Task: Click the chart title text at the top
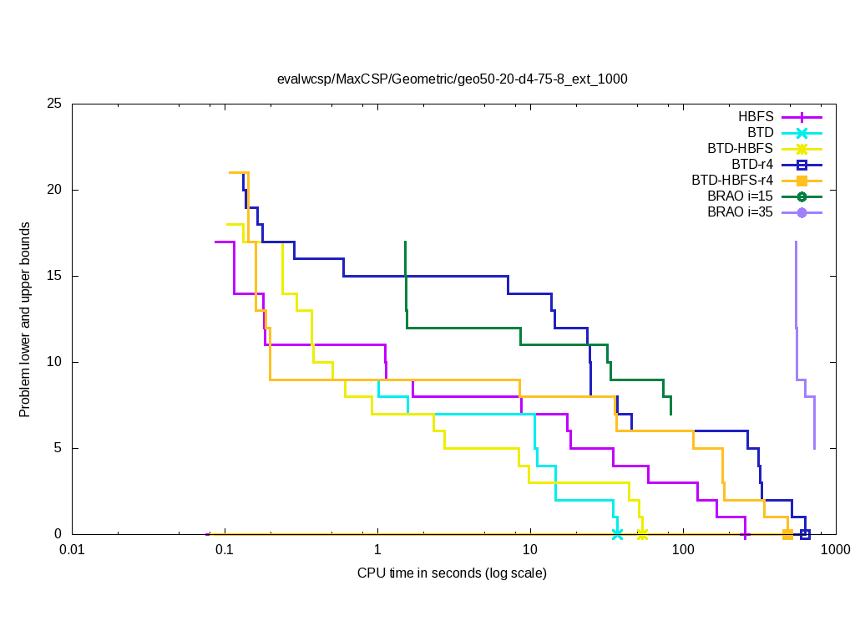pos(452,79)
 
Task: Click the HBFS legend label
pos(756,117)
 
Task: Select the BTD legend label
pos(760,133)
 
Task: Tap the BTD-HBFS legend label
pos(740,149)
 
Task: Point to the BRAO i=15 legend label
pos(740,196)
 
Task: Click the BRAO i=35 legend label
pos(740,212)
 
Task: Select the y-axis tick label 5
pos(59,448)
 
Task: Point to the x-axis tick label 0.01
pos(72,550)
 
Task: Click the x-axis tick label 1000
pos(835,550)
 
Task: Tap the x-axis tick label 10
pos(529,550)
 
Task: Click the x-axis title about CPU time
pos(452,573)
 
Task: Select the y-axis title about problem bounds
pos(25,320)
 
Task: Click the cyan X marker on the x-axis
pos(617,534)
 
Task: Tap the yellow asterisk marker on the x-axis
pos(642,534)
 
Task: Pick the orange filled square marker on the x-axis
pos(787,534)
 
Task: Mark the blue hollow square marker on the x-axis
pos(805,534)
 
